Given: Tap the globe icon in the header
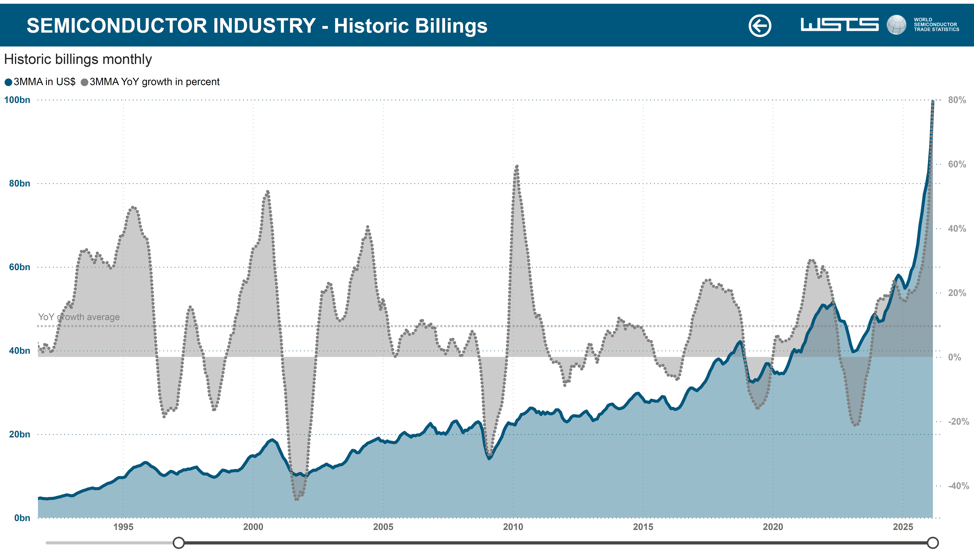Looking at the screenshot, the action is click(896, 25).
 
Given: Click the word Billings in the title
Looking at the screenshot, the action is click(411, 26).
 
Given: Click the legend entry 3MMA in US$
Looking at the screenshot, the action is click(40, 82).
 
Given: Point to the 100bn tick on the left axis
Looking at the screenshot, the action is click(17, 100).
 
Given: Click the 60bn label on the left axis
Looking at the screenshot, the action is click(19, 267).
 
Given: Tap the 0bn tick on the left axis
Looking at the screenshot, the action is click(22, 518).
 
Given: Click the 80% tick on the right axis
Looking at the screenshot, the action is click(957, 100).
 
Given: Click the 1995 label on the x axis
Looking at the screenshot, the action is click(123, 527).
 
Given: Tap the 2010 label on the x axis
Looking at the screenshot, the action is click(513, 527).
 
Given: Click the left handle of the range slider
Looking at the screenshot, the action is click(178, 542).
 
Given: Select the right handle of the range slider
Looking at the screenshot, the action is click(932, 542).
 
